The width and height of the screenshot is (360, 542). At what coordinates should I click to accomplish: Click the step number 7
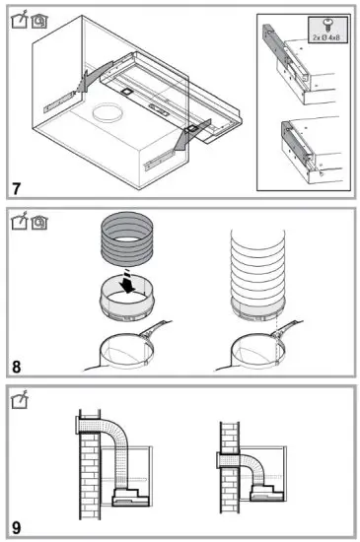(x=17, y=189)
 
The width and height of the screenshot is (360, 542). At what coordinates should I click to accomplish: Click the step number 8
(x=16, y=367)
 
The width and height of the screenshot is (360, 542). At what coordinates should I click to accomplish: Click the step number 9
(x=16, y=527)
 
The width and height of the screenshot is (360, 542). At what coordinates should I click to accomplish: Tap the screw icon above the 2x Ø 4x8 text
(x=326, y=26)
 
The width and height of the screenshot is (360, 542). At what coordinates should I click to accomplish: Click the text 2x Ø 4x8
(x=326, y=37)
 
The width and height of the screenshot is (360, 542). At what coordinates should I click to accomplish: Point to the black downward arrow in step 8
(x=127, y=282)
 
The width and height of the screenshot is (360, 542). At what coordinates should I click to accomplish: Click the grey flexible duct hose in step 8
(x=127, y=239)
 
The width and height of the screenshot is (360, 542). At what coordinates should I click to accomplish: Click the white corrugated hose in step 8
(x=257, y=270)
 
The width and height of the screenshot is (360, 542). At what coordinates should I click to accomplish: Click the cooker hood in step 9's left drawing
(x=130, y=498)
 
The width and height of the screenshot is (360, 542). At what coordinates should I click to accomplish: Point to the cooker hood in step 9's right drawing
(x=267, y=494)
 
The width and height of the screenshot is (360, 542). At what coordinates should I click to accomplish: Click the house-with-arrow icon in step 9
(x=20, y=399)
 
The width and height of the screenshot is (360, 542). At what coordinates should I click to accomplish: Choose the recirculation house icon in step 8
(x=39, y=223)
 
